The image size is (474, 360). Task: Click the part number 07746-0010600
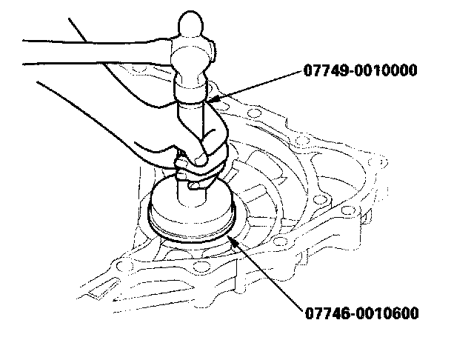click(x=361, y=313)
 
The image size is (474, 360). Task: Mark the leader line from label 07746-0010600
click(x=267, y=273)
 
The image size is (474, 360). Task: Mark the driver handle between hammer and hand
click(x=194, y=119)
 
